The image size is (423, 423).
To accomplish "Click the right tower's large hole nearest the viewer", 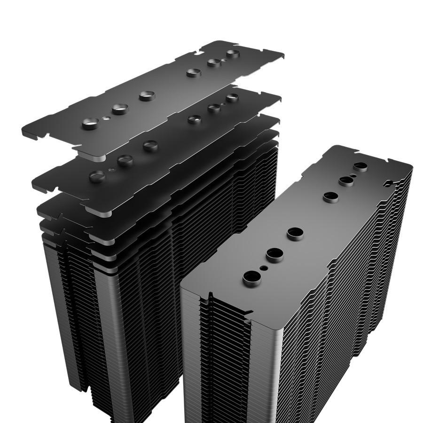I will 252,278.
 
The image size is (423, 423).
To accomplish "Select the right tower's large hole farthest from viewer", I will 360,166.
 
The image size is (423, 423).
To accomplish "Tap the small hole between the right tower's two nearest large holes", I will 264,267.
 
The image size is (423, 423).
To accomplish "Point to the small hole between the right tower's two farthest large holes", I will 353,174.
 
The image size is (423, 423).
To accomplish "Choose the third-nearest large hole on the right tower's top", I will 295,234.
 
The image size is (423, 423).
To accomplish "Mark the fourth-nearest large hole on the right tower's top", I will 330,197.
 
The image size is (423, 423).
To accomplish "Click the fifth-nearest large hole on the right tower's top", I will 346,181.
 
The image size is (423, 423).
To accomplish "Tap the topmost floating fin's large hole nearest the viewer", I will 90,124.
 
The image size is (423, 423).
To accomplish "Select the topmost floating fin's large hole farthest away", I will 233,54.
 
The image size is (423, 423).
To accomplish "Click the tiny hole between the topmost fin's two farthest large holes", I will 224,59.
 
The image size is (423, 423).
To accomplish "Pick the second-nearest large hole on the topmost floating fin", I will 120,110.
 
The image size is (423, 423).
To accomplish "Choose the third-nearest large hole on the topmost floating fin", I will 147,96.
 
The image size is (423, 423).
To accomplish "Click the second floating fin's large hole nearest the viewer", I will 97,176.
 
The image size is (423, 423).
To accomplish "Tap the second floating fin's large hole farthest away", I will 232,98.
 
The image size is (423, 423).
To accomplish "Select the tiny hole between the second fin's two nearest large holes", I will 111,169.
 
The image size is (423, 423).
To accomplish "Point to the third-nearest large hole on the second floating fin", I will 150,146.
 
